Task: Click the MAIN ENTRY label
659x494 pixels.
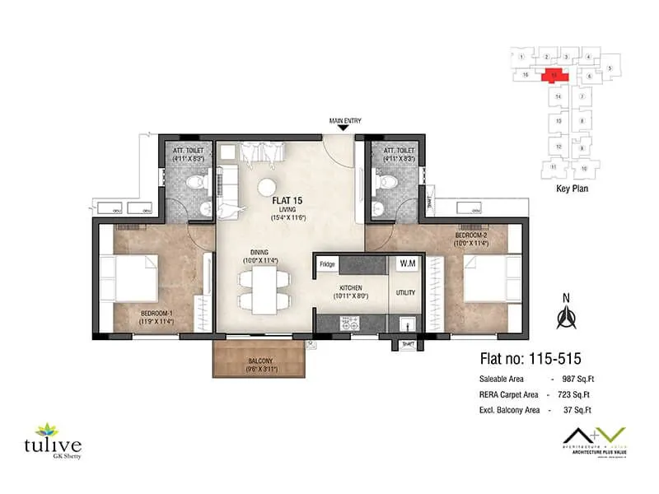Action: [x=345, y=121]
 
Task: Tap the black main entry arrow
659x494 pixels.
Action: [x=345, y=129]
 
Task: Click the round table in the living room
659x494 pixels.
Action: [x=267, y=185]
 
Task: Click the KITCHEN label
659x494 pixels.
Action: [x=350, y=286]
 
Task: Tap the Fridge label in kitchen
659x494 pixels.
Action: [x=327, y=264]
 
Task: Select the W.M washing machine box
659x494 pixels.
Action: [x=406, y=264]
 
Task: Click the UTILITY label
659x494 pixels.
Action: [x=406, y=293]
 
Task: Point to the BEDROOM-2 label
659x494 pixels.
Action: [x=470, y=235]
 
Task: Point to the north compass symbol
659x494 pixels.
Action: [x=566, y=315]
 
